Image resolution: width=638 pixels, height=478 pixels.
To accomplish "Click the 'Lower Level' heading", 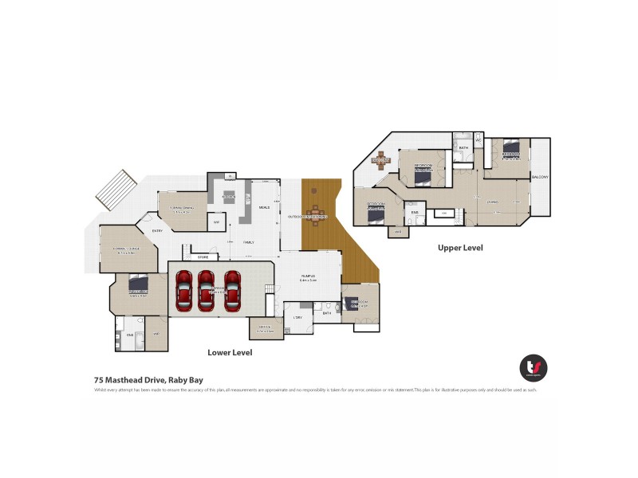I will point(230,352).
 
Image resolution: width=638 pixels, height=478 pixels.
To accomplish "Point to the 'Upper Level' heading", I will point(460,248).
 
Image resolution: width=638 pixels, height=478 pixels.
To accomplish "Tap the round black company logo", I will point(533,367).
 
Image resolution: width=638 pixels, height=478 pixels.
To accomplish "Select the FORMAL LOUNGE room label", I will point(125,249).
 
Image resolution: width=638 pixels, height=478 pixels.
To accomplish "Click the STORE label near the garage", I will point(203,257).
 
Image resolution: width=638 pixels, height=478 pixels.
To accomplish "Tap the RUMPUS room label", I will point(309,277).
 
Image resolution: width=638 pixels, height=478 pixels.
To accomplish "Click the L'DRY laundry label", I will point(298,318).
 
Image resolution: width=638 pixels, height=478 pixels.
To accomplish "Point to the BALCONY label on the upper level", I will point(541,177).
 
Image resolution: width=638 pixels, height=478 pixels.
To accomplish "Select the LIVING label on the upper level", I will point(493,202).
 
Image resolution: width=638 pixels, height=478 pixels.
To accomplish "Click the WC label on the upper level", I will point(478,141).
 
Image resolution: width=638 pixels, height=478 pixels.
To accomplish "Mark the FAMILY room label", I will point(248,241).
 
